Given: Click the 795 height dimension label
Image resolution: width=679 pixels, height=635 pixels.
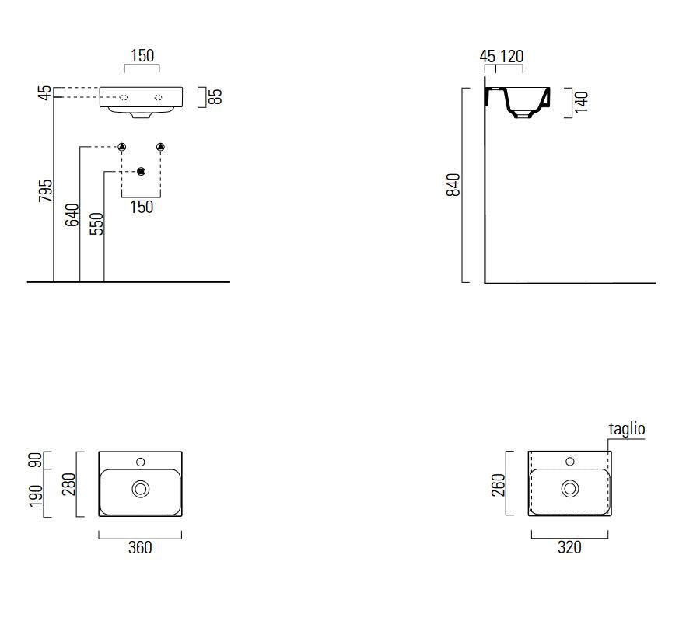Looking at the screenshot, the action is [45, 190].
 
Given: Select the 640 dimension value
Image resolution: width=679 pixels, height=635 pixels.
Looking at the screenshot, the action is [72, 215].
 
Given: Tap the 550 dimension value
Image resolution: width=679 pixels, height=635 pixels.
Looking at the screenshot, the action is [96, 224].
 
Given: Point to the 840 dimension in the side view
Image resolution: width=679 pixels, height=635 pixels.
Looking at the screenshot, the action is [453, 185].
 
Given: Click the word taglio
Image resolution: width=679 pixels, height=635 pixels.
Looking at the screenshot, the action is [627, 428].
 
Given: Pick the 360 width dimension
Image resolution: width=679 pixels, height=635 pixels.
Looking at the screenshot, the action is [140, 548].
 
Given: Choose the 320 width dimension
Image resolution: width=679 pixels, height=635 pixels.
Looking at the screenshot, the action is [569, 547].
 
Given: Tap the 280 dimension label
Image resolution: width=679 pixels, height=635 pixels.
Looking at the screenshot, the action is [69, 484].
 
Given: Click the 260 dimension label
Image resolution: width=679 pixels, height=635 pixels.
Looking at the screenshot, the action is [499, 485].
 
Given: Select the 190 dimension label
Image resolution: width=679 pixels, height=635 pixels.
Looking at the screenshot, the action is [36, 496].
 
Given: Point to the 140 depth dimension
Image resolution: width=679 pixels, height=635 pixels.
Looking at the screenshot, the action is [582, 102].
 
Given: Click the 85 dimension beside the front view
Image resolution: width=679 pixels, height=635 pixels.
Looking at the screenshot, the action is [215, 96].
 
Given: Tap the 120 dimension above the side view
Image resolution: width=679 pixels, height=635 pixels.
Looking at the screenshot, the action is [512, 56].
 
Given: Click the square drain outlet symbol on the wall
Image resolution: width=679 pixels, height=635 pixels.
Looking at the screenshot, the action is [141, 172].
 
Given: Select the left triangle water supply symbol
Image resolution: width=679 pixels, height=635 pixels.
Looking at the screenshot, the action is [121, 147].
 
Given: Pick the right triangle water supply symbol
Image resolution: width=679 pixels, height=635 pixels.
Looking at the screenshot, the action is [160, 147].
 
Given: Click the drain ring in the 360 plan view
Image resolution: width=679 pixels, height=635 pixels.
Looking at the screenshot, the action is [140, 489].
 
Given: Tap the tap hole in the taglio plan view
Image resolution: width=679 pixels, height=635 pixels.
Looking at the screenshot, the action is [570, 462].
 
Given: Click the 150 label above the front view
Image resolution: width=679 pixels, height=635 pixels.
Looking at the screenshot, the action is [142, 56].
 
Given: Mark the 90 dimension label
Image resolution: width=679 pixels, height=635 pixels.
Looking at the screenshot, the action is [36, 460].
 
